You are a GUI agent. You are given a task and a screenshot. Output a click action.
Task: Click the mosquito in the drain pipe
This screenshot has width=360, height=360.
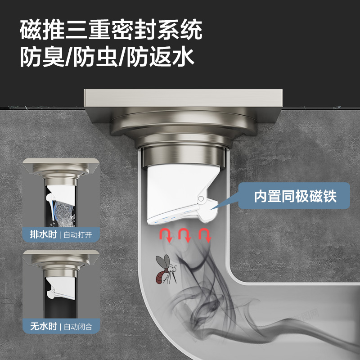click(x=166, y=270)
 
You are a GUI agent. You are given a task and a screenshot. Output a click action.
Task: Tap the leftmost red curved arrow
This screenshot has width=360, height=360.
click(x=166, y=235)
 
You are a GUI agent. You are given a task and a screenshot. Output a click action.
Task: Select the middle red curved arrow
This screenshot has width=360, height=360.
click(x=184, y=235)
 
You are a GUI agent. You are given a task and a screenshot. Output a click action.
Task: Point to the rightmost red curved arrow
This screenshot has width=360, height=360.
click(x=205, y=235)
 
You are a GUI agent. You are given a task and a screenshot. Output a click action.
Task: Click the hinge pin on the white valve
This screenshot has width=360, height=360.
click(x=201, y=199)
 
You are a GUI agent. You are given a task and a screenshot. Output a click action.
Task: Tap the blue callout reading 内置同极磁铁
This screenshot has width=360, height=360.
click(x=294, y=196)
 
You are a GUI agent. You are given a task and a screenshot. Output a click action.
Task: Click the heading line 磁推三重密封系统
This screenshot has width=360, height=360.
click(x=111, y=30)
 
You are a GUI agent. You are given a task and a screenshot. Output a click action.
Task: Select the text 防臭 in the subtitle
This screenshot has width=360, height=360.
click(x=42, y=57)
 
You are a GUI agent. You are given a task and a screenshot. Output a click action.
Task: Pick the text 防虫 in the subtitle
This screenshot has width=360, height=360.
click(x=95, y=57)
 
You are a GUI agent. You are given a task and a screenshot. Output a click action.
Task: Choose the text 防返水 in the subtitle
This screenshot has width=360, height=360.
click(x=161, y=57)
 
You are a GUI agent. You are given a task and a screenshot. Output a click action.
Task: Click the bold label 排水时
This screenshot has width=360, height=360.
click(x=43, y=234)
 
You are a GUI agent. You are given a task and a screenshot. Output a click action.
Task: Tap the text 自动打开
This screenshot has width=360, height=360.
click(x=77, y=235)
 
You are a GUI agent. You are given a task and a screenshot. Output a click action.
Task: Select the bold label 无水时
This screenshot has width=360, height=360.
click(x=44, y=326)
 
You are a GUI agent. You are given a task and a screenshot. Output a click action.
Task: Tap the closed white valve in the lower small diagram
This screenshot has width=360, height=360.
click(x=61, y=288)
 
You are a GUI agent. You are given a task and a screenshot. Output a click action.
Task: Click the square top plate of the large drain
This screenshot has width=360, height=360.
click(x=183, y=98)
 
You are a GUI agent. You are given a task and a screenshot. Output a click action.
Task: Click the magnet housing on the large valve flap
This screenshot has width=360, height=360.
click(x=208, y=210)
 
